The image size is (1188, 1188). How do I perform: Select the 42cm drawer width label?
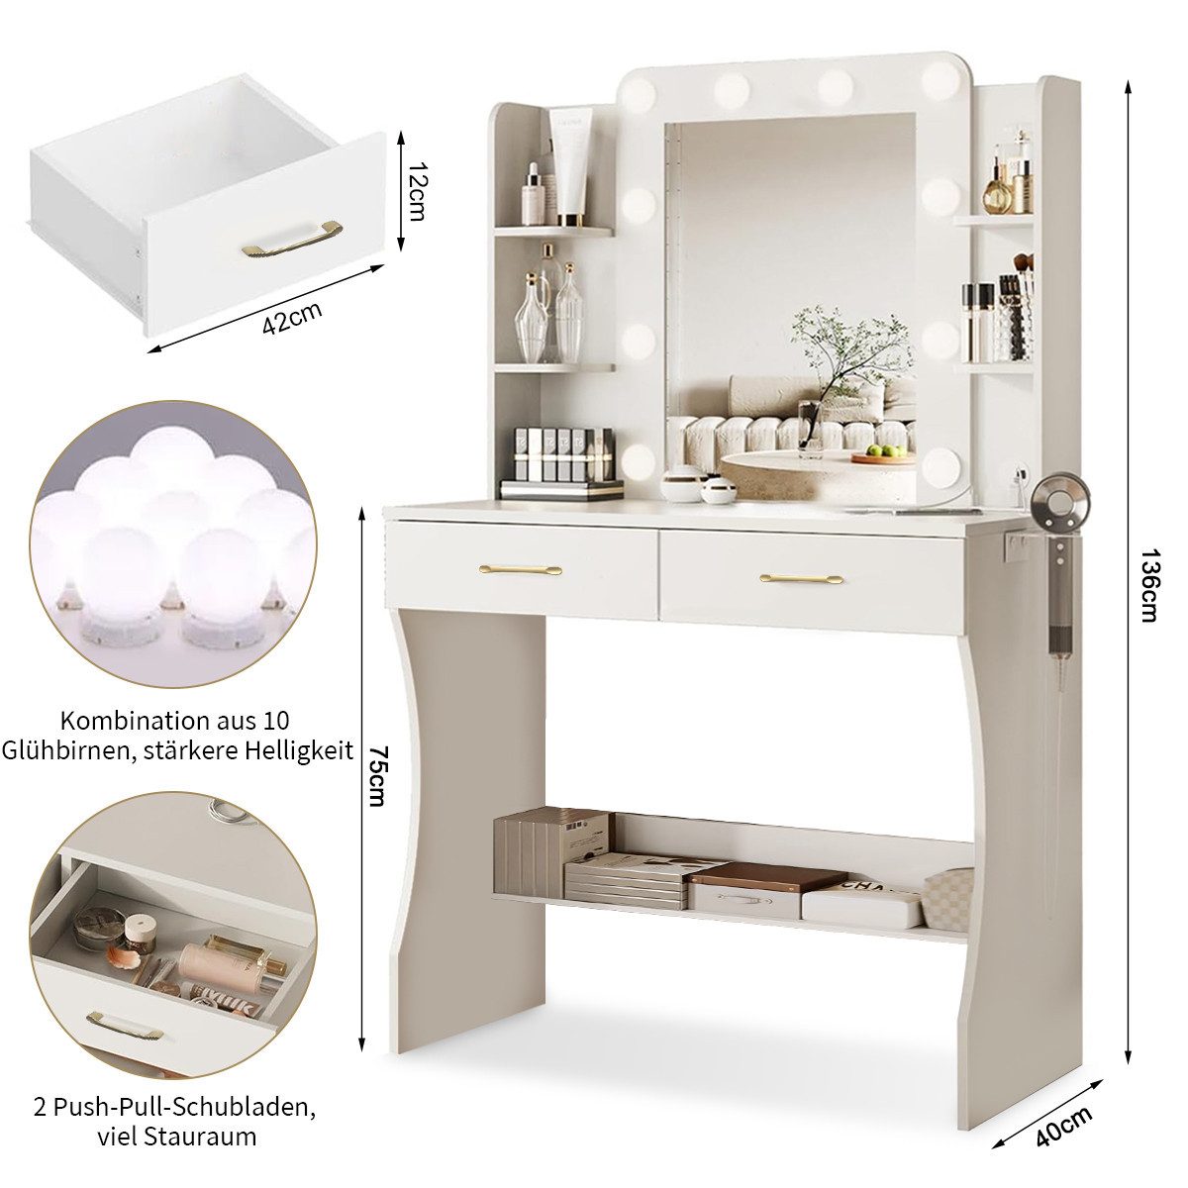tap(292, 317)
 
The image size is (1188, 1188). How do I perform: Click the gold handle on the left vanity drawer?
tap(521, 569)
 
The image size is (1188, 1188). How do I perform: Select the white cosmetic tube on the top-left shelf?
tap(574, 166)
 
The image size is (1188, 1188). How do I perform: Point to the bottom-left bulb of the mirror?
tap(639, 462)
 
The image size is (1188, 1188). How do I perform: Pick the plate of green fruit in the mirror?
tap(884, 455)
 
